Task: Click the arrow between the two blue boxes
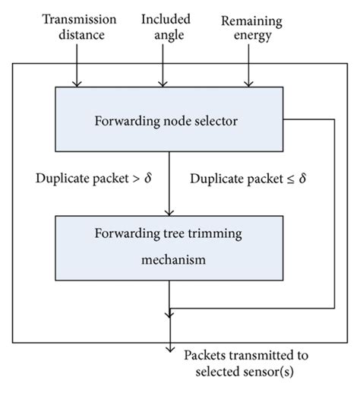pos(169,182)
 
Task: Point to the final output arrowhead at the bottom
pos(169,349)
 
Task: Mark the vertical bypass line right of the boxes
pos(333,213)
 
